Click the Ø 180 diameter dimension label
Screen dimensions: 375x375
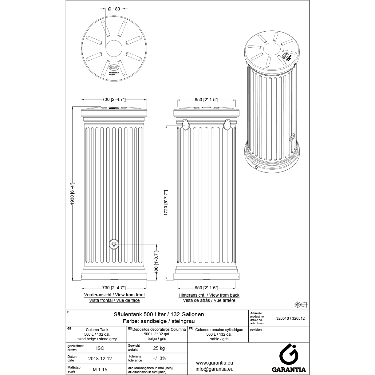point(114,9)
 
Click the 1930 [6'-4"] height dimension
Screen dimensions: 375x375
point(73,194)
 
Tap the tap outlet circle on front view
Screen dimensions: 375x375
point(114,244)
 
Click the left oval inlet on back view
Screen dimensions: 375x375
point(186,125)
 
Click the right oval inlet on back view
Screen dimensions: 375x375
point(227,125)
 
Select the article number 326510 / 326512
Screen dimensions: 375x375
point(291,318)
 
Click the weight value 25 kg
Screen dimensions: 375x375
point(159,348)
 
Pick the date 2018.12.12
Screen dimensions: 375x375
point(100,358)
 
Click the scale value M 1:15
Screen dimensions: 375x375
point(100,370)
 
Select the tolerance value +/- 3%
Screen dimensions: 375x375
point(159,358)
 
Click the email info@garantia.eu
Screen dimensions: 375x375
point(214,369)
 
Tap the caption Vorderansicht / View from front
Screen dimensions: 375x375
point(114,295)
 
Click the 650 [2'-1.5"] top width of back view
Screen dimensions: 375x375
point(206,100)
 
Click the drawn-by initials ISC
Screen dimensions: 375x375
point(100,348)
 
